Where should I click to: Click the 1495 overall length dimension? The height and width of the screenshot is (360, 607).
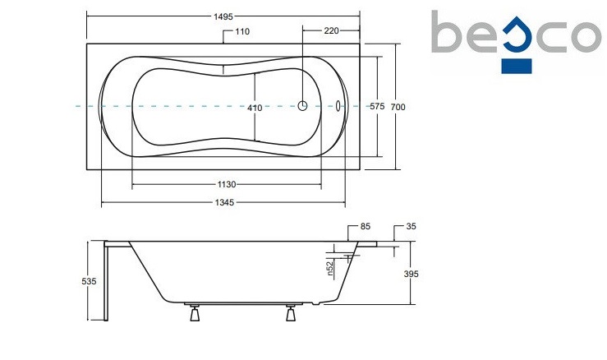click(x=223, y=16)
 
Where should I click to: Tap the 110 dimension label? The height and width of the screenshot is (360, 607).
click(x=242, y=31)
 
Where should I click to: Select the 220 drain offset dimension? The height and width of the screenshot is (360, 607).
click(x=331, y=30)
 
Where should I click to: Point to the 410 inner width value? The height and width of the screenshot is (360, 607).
click(x=255, y=108)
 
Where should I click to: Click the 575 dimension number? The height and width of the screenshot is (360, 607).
click(x=377, y=106)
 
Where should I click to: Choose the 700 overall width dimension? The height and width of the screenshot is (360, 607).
click(x=398, y=107)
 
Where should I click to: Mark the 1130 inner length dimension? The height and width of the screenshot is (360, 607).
click(x=227, y=184)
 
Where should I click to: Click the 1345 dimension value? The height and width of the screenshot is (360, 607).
click(x=224, y=202)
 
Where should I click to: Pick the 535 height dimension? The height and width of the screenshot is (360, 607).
click(x=89, y=281)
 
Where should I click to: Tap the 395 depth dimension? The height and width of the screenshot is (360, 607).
click(x=412, y=274)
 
